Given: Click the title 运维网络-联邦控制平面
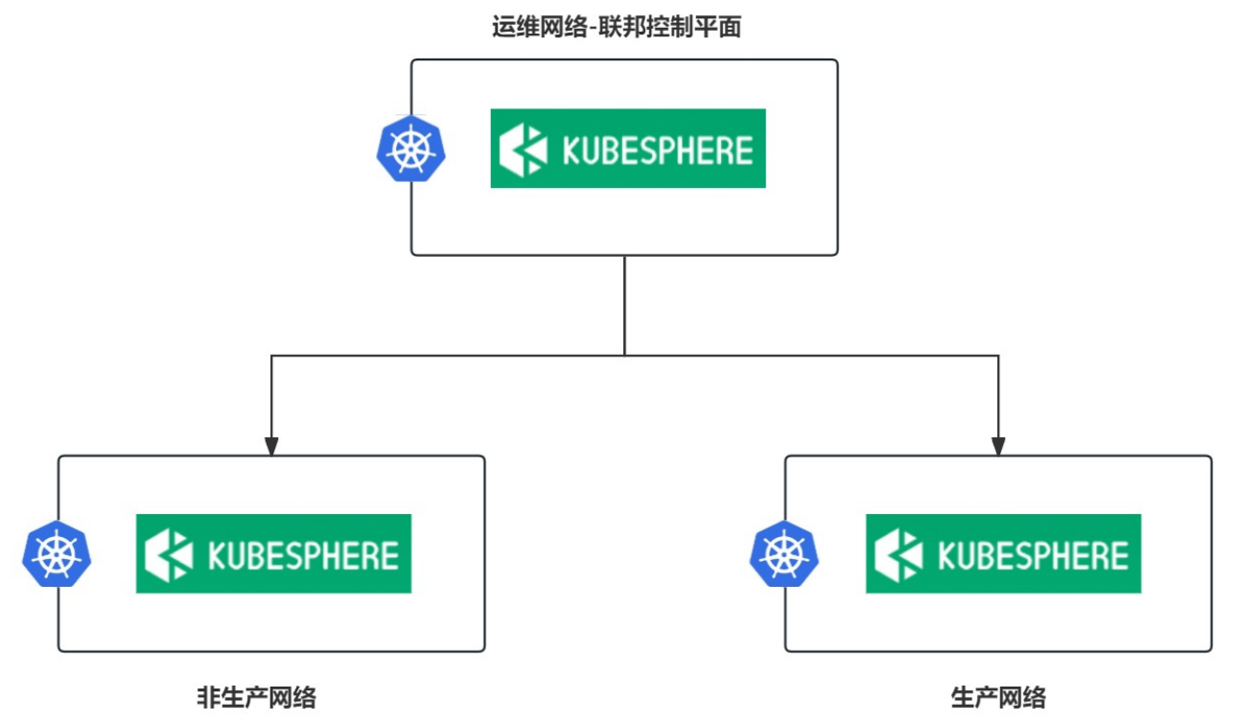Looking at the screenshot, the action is [x=617, y=27].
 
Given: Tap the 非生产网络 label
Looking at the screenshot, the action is [x=257, y=697].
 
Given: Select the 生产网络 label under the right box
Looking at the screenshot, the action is [x=998, y=697].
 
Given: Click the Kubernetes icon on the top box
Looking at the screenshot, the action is [x=410, y=149].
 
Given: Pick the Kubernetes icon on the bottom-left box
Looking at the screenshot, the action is [x=57, y=553].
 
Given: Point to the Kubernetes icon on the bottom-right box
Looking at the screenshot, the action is [x=784, y=553].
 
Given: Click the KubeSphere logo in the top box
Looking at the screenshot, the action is [x=628, y=149].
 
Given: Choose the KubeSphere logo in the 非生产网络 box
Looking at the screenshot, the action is [x=274, y=554].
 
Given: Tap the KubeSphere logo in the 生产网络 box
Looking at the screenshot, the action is [x=1003, y=554].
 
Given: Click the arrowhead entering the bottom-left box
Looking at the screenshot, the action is [x=271, y=446].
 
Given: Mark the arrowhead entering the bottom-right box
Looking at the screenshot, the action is [x=998, y=446].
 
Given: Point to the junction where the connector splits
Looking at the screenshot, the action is [x=624, y=356].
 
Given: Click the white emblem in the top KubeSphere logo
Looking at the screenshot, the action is [x=523, y=150].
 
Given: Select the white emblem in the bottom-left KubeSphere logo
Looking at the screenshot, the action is [x=169, y=555].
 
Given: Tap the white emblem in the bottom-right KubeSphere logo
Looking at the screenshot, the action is [x=899, y=555].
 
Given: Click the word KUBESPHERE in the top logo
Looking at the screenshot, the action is [x=658, y=151].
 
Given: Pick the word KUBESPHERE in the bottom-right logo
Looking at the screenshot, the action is [x=1033, y=555].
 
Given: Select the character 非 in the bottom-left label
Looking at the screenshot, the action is [x=209, y=697].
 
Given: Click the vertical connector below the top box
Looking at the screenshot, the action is [x=624, y=306].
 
